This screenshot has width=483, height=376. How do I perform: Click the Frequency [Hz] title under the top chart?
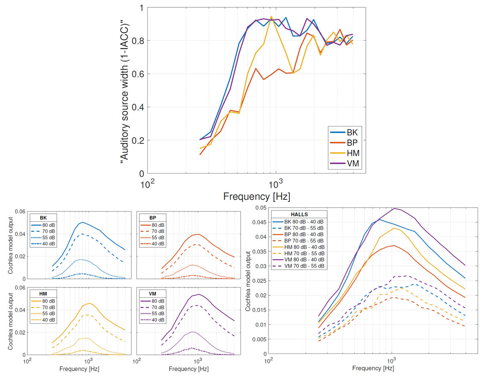tap(256, 196)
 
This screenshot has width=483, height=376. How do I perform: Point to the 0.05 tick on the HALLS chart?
tap(260, 208)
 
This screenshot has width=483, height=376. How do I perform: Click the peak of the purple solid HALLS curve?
tap(394, 208)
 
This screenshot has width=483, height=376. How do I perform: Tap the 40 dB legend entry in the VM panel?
tap(160, 320)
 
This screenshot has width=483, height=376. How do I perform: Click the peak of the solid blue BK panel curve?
tap(83, 222)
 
